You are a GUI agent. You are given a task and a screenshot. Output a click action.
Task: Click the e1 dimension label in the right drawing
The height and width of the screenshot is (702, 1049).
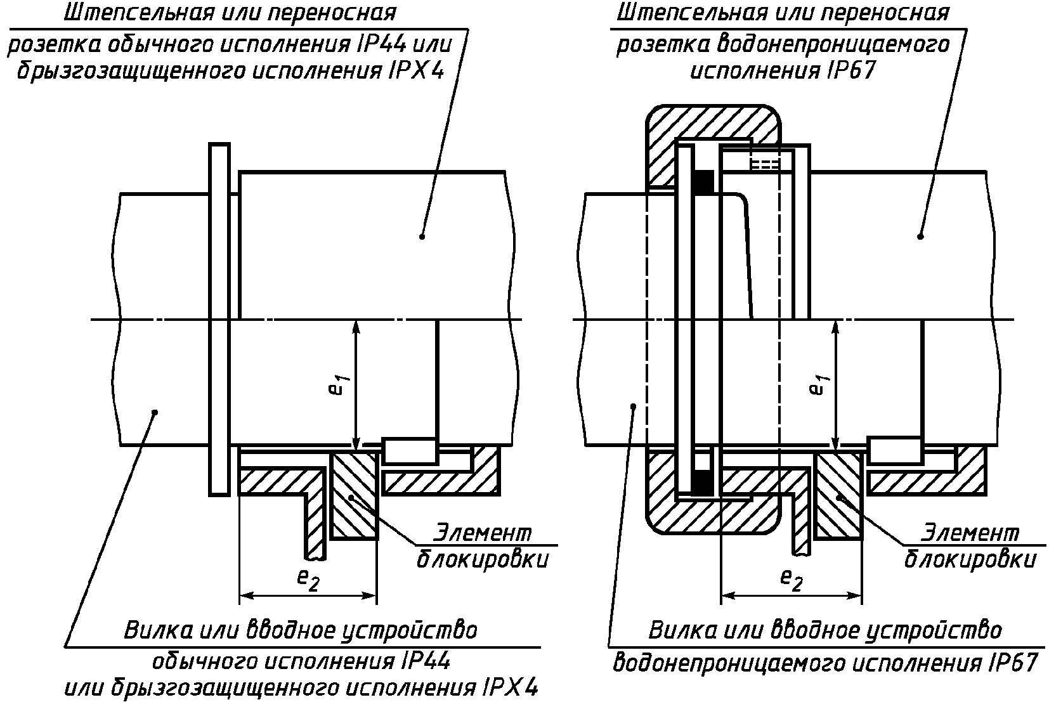pos(819,384)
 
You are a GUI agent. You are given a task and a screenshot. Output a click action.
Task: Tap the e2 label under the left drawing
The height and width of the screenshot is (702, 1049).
pos(308,580)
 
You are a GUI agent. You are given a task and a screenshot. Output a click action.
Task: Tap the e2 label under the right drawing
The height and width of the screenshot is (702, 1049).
pos(792,580)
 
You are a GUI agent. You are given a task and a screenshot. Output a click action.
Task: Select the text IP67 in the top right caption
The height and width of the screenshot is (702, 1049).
pos(851,71)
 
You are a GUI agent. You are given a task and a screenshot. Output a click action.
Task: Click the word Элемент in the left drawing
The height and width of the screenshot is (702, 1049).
pos(483,533)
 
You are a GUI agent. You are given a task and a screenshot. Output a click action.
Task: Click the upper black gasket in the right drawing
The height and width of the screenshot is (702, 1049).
pos(704,182)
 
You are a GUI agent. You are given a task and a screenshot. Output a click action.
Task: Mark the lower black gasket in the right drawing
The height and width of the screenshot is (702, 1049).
pos(704,483)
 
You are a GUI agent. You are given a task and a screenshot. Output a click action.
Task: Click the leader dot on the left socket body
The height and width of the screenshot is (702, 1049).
pos(422,237)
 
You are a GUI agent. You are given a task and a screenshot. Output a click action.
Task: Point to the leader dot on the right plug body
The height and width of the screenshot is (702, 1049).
pos(634,406)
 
